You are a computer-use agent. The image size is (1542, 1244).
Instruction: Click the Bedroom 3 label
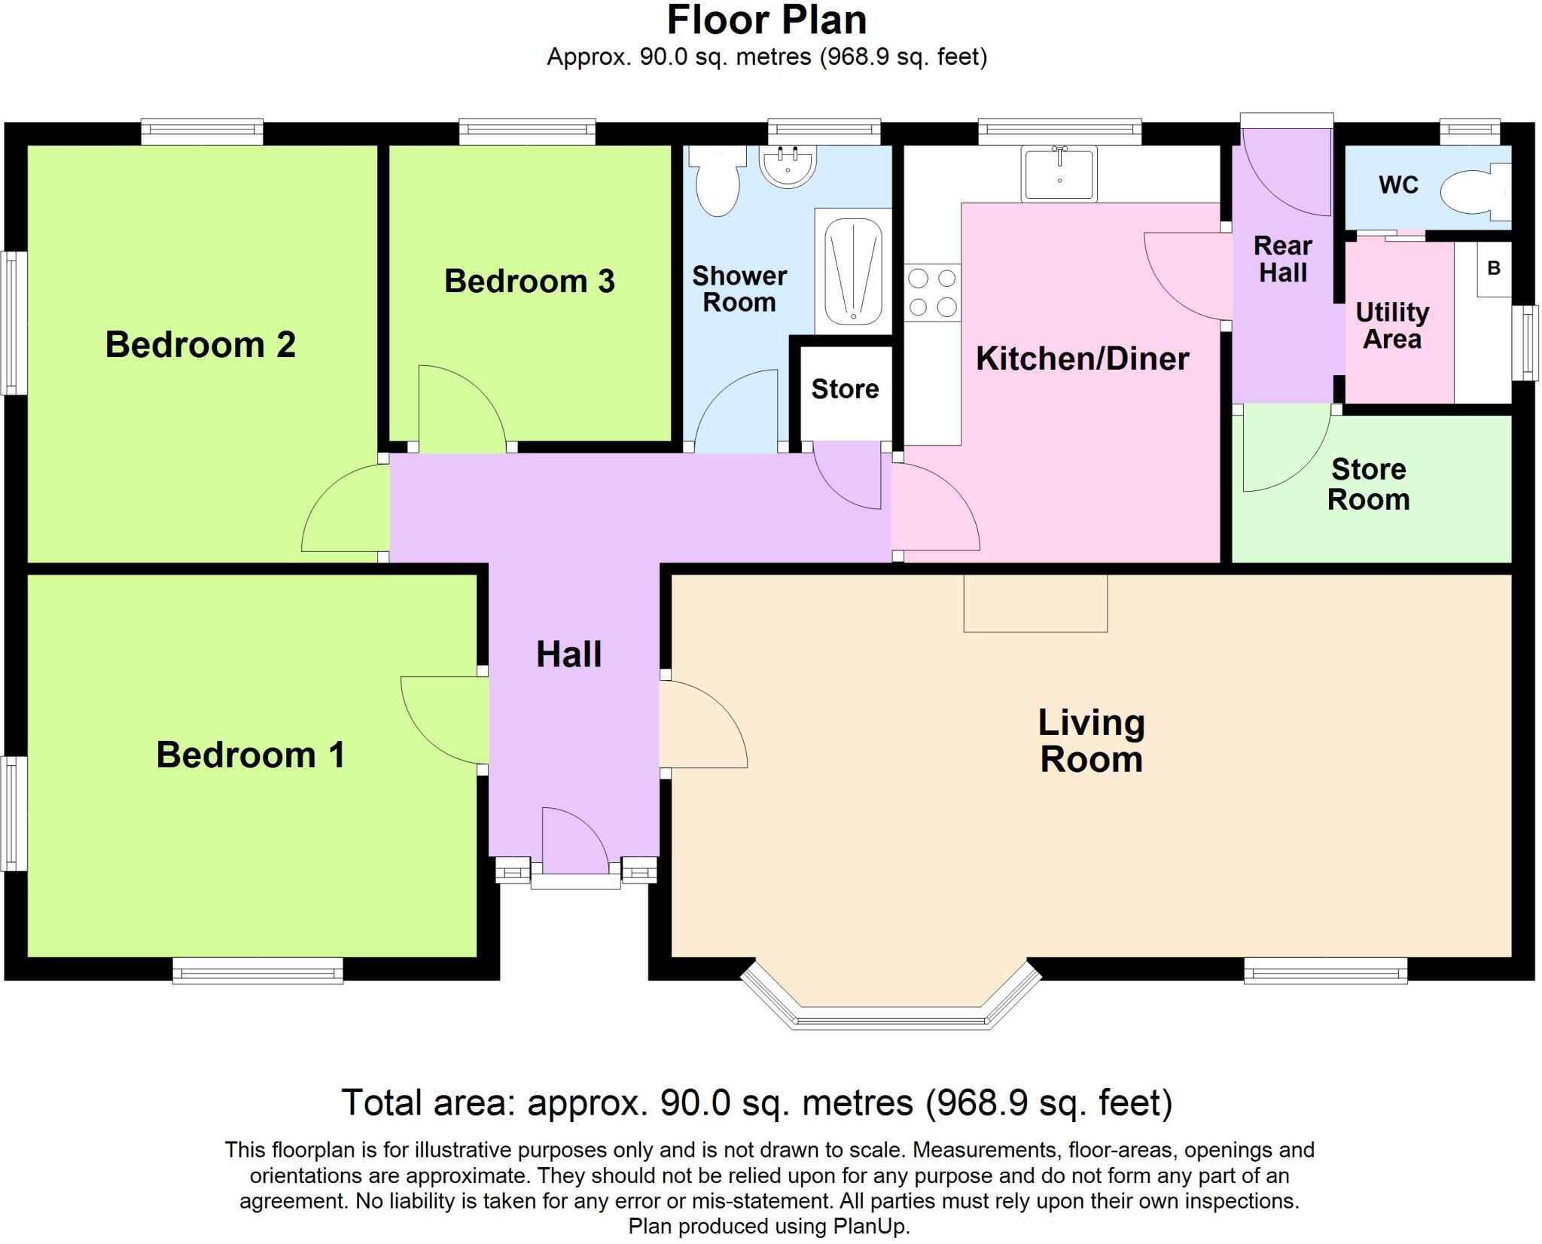pos(529,281)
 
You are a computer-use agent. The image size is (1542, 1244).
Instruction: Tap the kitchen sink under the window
pos(1059,175)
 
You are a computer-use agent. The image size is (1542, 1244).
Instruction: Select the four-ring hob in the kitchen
pos(932,293)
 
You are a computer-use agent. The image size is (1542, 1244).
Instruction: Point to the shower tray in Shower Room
pos(852,271)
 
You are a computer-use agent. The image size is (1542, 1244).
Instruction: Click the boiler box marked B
pos(1494,269)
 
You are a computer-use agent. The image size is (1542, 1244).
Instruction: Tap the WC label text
pos(1398,184)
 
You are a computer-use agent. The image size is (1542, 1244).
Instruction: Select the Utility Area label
pos(1392,325)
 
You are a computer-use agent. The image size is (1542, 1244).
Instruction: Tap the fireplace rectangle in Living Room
pos(1035,603)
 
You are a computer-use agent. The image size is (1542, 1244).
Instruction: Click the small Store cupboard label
pos(845,389)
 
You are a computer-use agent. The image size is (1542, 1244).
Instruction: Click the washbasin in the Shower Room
pos(788,166)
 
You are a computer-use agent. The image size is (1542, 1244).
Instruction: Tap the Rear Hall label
pos(1282,259)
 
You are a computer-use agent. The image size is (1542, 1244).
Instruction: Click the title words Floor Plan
pos(766,20)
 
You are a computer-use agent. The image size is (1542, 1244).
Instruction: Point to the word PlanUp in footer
pos(871,1226)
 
